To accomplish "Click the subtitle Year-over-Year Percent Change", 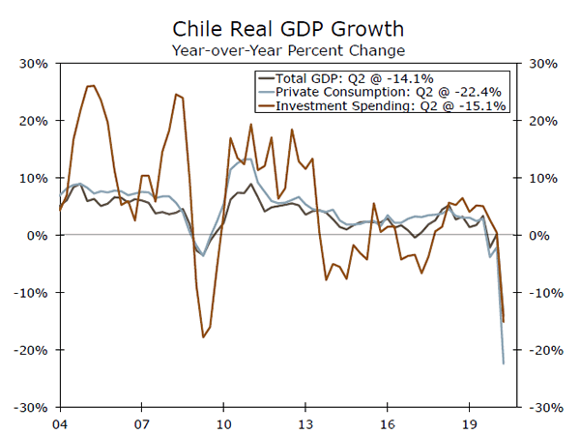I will point(289,48).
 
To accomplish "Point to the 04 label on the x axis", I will point(59,422).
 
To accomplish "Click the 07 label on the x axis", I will point(141,422).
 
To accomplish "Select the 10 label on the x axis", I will point(223,422).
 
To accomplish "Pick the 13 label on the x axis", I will point(305,422).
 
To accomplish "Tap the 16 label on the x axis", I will point(387,422).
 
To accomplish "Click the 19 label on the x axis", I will point(469,422).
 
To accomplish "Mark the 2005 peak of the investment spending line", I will point(92,85).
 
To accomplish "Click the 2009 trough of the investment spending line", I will point(203,336).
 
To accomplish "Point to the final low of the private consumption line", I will point(504,363).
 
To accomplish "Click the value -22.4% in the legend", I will point(479,91).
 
